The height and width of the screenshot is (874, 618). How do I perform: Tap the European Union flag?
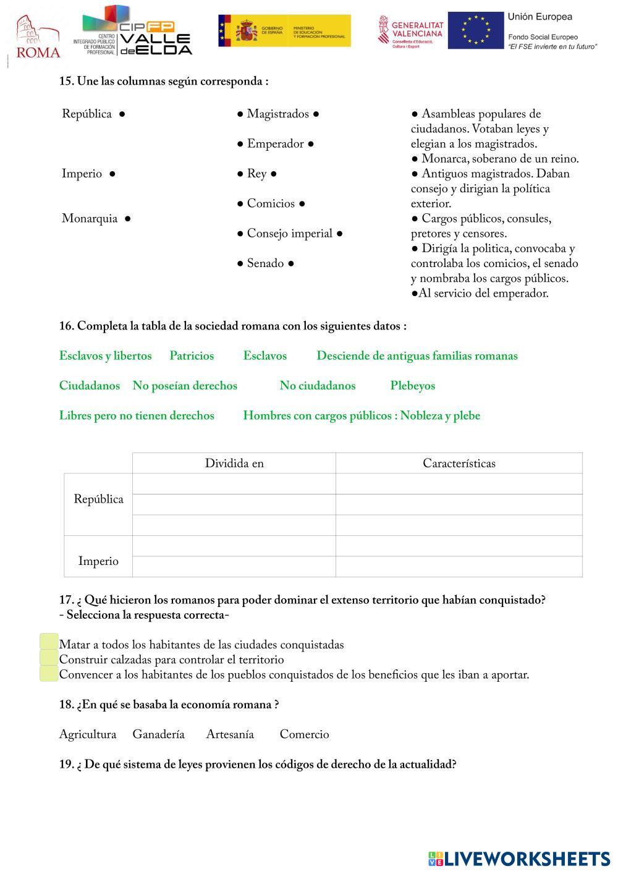coord(475,30)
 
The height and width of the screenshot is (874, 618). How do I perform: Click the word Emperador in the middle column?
coord(275,144)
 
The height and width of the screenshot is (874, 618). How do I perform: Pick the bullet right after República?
coord(122,114)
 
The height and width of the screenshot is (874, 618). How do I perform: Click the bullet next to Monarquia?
coord(127,218)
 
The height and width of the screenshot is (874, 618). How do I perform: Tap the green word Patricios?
coord(192,356)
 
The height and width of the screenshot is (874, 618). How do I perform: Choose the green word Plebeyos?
coord(412,386)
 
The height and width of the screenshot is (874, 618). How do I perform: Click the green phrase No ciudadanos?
coord(317,386)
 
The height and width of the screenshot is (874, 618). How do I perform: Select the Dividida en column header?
coord(234,464)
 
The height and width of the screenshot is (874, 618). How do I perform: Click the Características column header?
coord(459,464)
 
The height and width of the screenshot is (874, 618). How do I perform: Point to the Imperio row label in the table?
coord(98,561)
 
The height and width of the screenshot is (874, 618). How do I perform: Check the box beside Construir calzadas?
coord(49,658)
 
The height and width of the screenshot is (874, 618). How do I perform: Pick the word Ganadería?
coord(158,734)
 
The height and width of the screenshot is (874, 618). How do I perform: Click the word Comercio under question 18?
coord(304,734)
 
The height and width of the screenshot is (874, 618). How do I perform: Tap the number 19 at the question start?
coord(66,765)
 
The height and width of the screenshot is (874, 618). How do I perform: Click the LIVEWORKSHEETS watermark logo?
coord(519,859)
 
